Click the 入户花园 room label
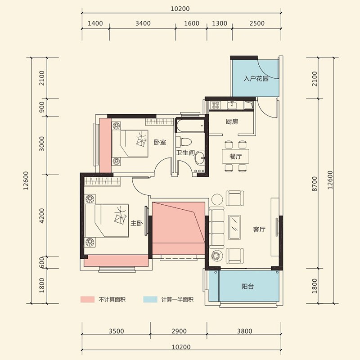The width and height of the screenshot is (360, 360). [256, 79]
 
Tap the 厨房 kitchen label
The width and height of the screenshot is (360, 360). [232, 121]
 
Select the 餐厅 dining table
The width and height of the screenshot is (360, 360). [235, 156]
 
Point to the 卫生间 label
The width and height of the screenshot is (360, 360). [185, 153]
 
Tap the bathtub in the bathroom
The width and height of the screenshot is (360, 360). [190, 126]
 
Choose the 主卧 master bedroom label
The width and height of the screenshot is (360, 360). [137, 223]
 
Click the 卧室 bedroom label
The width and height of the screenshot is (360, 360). [160, 142]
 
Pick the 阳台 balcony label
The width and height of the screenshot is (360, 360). [247, 286]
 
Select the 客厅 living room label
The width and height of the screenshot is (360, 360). [259, 229]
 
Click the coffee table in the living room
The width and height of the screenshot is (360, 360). [234, 227]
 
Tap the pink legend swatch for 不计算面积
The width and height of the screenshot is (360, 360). [87, 299]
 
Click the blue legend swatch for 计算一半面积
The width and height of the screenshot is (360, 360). [150, 299]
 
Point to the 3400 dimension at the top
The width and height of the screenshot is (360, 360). [143, 23]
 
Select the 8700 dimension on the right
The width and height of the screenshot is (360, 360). [315, 184]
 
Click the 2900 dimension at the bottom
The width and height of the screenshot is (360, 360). [179, 331]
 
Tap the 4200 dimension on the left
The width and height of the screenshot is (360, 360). [42, 216]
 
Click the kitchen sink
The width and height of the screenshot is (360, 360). [232, 105]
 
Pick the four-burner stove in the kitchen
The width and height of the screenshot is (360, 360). [216, 105]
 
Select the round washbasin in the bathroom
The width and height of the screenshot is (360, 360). [200, 157]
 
